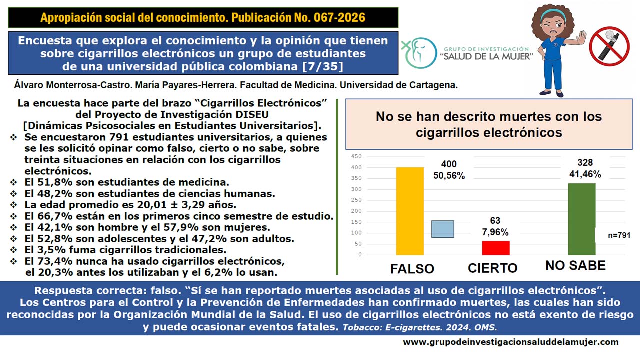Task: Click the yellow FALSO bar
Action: (410, 211)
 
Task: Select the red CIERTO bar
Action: (496, 248)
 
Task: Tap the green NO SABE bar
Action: (582, 219)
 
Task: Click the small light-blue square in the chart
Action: (443, 229)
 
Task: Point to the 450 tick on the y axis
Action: (356, 156)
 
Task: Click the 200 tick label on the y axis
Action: (356, 211)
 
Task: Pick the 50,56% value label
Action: (449, 175)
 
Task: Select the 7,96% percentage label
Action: (495, 232)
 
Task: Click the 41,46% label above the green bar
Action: (585, 174)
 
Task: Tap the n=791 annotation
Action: (619, 235)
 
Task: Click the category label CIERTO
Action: (493, 268)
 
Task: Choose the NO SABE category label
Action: (575, 265)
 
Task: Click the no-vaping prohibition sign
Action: (609, 46)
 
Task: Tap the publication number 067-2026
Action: (339, 17)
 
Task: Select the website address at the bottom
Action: (511, 342)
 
